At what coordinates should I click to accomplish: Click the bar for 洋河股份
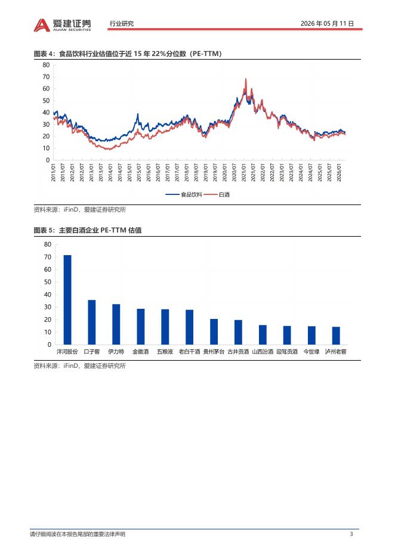tap(67, 300)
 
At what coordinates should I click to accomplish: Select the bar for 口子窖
tap(91, 322)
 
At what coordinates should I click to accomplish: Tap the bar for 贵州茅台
tap(214, 331)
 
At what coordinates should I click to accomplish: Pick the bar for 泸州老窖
tap(336, 336)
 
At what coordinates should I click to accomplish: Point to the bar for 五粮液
tap(165, 327)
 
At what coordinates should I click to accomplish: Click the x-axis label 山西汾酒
tap(263, 352)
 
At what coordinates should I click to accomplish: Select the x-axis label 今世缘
tap(311, 352)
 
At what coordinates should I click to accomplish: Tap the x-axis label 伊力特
tap(116, 352)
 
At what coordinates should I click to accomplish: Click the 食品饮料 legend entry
tap(184, 195)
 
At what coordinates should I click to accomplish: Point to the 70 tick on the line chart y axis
tap(46, 77)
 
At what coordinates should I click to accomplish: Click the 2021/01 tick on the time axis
tap(244, 173)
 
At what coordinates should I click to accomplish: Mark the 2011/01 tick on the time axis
tap(54, 173)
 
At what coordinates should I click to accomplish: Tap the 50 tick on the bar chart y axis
tap(48, 282)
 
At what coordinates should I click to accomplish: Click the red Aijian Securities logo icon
tap(42, 25)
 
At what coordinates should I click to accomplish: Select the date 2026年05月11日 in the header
tap(328, 23)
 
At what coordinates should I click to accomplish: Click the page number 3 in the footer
tap(351, 534)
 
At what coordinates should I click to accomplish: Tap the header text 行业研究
tap(122, 23)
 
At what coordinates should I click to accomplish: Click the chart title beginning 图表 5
tap(88, 230)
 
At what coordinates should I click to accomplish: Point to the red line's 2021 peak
tap(246, 79)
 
